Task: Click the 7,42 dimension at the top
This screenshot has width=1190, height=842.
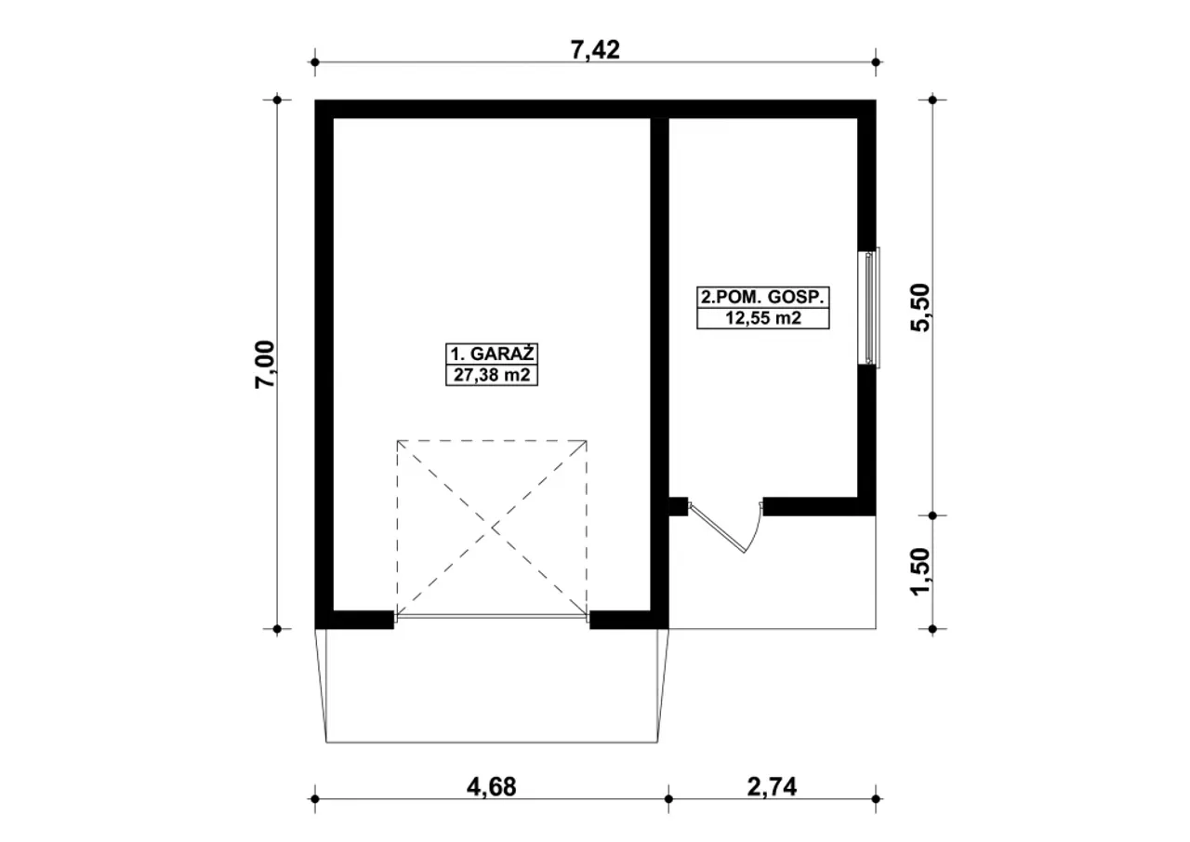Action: [595, 50]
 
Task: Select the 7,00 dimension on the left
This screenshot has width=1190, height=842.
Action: [265, 364]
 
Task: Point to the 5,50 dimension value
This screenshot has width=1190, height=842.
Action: [921, 307]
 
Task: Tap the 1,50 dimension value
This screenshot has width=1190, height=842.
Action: [921, 572]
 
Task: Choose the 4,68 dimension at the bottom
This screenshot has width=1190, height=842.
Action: [492, 787]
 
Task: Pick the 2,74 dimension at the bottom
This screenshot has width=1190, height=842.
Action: [772, 787]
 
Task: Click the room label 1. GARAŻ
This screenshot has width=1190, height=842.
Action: [492, 354]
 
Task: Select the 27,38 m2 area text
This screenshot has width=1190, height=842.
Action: [492, 375]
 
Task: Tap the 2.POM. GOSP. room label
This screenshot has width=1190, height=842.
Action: [763, 297]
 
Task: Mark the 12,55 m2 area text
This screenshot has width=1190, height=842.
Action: [763, 318]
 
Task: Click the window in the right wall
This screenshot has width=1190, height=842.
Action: [869, 307]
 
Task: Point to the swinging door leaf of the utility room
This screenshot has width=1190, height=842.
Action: [716, 528]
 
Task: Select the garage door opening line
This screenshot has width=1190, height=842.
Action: [492, 617]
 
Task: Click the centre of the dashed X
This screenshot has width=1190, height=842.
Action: [493, 528]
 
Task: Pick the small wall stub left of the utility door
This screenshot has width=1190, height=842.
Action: [678, 506]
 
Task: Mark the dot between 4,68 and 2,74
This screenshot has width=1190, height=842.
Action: [668, 799]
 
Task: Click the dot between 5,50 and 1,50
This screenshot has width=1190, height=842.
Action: [932, 515]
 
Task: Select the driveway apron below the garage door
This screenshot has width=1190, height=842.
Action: [492, 686]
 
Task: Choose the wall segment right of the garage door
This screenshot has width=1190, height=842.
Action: [629, 620]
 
